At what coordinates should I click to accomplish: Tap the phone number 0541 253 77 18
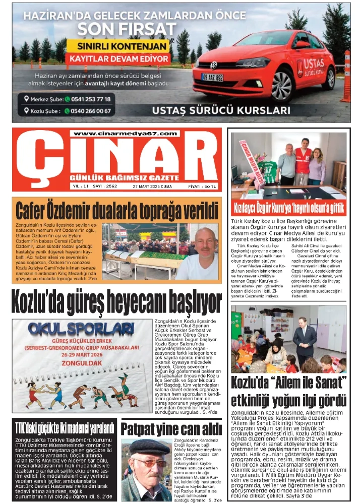click(87, 99)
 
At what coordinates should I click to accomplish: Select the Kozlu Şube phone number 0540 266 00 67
click(87, 111)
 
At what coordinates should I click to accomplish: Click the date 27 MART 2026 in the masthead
click(152, 186)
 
